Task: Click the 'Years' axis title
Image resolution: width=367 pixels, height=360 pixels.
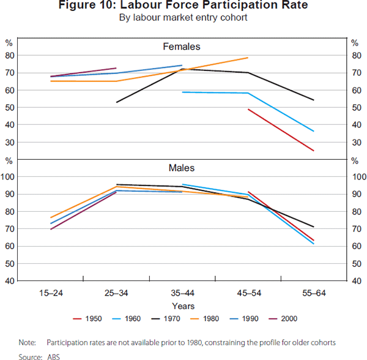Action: [183, 306]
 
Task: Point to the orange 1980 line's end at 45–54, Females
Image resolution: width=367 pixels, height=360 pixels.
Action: [247, 58]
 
